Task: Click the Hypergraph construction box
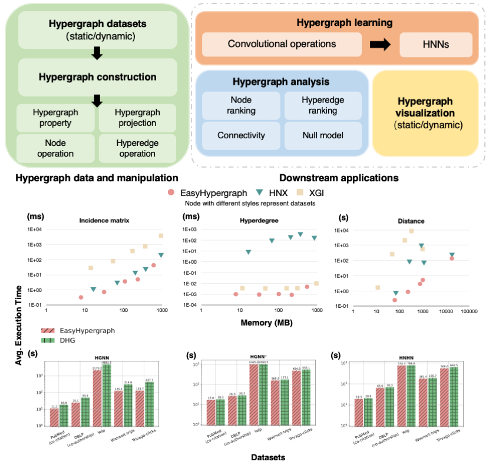pyautogui.click(x=97, y=77)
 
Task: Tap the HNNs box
pyautogui.click(x=436, y=44)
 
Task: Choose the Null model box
pyautogui.click(x=322, y=135)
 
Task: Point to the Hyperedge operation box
pyautogui.click(x=137, y=148)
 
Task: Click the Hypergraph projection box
pyautogui.click(x=137, y=118)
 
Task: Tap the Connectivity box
pyautogui.click(x=240, y=135)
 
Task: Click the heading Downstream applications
pyautogui.click(x=338, y=177)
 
